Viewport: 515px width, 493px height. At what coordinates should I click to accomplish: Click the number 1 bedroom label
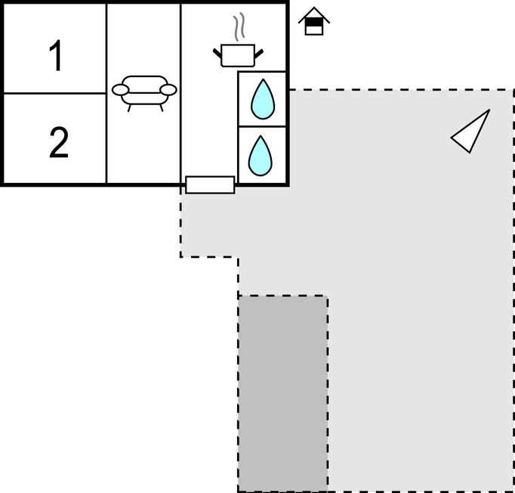click(x=57, y=55)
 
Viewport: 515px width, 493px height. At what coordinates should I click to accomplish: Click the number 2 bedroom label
click(x=59, y=142)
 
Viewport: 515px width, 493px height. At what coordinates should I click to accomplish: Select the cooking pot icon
click(x=238, y=55)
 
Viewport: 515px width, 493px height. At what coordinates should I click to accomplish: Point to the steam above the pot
click(x=239, y=26)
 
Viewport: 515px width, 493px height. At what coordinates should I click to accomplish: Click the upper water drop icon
click(x=263, y=99)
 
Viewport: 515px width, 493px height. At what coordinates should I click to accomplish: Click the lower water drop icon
click(x=260, y=156)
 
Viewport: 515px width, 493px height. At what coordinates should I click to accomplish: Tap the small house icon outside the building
click(x=314, y=21)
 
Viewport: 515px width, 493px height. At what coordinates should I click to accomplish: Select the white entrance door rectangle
click(x=210, y=184)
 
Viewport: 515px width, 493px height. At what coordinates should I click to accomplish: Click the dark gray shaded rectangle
click(x=282, y=393)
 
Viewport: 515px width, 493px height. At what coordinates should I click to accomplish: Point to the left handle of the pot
click(x=217, y=53)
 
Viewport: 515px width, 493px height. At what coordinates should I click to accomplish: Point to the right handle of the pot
click(x=259, y=54)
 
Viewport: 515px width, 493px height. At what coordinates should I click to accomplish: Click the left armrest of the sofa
click(x=120, y=90)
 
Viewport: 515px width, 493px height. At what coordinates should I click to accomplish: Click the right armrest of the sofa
click(x=168, y=90)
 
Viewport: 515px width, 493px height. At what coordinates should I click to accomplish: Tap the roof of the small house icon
click(x=314, y=15)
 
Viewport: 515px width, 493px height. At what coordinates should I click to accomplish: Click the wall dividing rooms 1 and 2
click(x=55, y=94)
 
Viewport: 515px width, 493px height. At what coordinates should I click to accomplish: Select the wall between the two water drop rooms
click(x=262, y=126)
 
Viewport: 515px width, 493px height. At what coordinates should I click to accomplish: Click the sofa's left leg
click(x=129, y=108)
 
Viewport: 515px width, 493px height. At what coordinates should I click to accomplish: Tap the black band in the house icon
click(x=314, y=22)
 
